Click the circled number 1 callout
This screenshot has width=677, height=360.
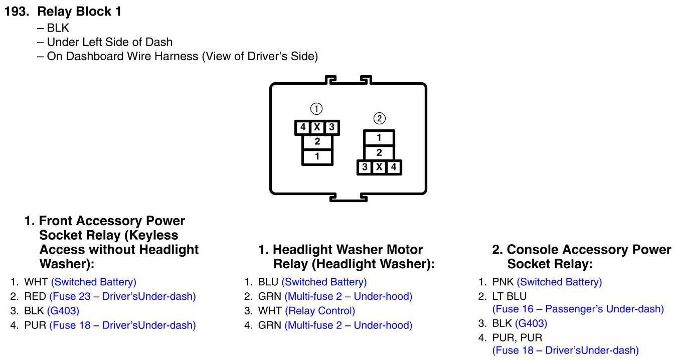pos(316,109)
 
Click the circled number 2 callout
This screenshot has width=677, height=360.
pos(380,118)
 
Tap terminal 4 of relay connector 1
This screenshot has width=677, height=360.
pos(302,127)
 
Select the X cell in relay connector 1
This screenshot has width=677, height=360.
pos(317,127)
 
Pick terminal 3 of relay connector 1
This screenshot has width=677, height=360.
pos(331,127)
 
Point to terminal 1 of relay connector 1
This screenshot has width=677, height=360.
pos(317,156)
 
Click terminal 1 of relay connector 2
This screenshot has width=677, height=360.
pos(379,138)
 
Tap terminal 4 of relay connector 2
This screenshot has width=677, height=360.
pos(393,167)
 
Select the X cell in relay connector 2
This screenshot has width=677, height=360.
pos(379,167)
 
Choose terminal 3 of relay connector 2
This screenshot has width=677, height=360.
pos(365,167)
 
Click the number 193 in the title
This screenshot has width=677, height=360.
pos(17,12)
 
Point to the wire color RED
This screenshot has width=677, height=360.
pos(35,296)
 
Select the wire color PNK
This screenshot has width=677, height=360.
pos(503,282)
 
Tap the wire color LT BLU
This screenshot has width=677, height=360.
pos(510,296)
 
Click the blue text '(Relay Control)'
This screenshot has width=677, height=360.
pos(320,311)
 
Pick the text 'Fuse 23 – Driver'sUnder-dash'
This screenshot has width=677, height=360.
pos(122,296)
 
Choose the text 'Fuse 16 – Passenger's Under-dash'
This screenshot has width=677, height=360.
pos(578,309)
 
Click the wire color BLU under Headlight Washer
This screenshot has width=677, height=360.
pos(268,282)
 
